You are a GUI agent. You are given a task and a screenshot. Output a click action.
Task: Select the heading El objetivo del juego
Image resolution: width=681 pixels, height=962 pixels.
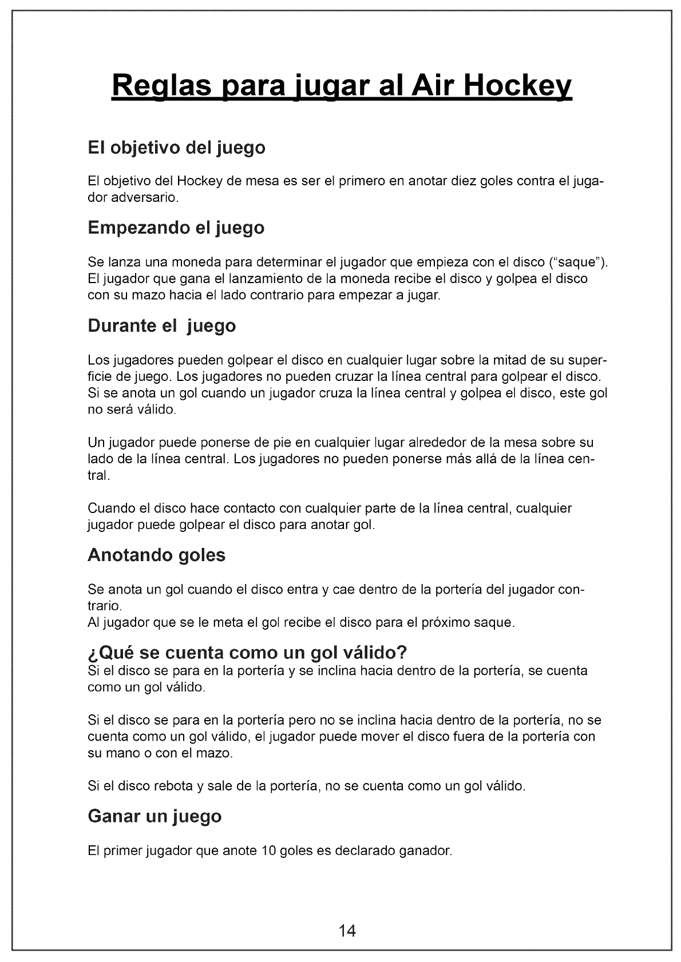coord(177,148)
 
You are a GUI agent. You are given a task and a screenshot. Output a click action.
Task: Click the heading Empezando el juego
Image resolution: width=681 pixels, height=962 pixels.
coord(176,228)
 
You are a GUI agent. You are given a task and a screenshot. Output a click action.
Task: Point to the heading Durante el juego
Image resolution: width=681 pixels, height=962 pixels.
coord(162,326)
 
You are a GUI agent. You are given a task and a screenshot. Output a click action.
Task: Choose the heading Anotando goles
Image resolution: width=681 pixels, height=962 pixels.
coord(157,555)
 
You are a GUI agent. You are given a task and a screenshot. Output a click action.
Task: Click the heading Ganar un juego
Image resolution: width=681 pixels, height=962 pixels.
coord(155,816)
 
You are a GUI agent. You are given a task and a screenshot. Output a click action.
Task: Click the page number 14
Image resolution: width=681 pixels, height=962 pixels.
coord(347,931)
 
